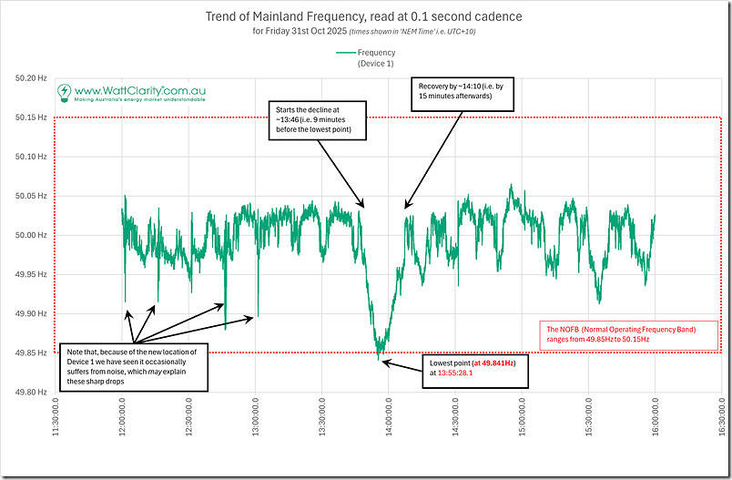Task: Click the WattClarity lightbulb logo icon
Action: (x=65, y=92)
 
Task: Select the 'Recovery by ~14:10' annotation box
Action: (x=452, y=89)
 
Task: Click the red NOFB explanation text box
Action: (x=627, y=333)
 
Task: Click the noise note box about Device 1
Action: (x=135, y=364)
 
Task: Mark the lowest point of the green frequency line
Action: (x=379, y=359)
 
